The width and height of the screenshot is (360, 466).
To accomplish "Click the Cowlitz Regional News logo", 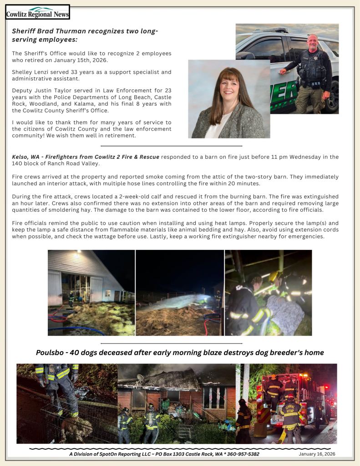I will point(37,12).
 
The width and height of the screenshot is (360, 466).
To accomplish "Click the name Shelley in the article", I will point(22,72).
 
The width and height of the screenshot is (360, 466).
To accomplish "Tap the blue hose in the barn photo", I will point(77,329).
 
